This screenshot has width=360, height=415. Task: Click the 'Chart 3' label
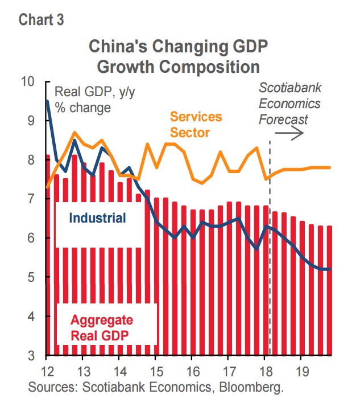point(42,20)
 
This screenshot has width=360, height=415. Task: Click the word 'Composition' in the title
point(209,67)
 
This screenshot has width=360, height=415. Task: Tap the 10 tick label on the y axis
point(28,81)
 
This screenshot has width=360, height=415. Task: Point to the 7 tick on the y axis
point(31,199)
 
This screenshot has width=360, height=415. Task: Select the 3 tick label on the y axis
point(31,355)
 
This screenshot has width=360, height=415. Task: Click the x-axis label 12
point(48,371)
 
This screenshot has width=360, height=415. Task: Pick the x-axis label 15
point(156,371)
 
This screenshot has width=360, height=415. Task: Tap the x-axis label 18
point(266,371)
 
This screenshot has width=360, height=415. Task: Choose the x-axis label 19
point(302,371)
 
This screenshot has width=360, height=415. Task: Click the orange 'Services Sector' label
point(196,125)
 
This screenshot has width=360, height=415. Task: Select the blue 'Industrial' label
point(97,218)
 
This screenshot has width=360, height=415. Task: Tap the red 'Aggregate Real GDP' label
point(102,328)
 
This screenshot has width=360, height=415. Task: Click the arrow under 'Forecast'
point(289,133)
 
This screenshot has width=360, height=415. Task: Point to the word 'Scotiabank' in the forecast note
point(290,88)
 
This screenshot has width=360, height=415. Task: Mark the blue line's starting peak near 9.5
point(47,101)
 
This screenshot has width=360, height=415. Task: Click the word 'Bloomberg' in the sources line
point(251,387)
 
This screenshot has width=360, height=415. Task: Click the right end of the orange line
point(330,167)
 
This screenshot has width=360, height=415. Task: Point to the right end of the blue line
point(330,269)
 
